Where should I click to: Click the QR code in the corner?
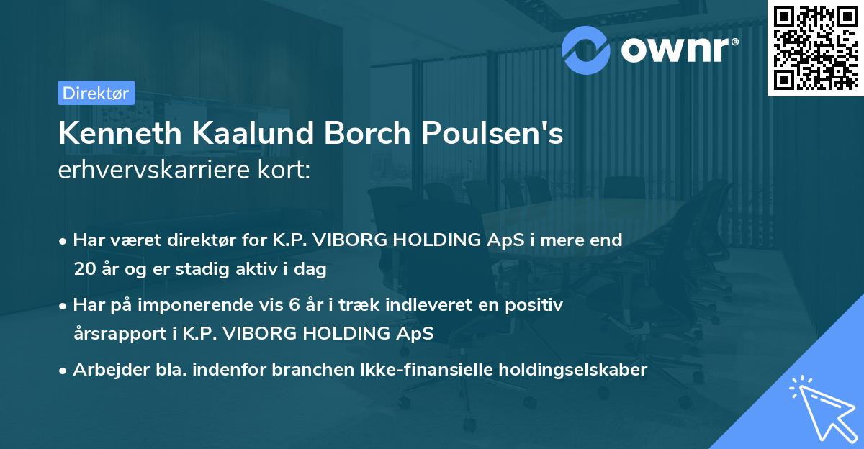[815, 47]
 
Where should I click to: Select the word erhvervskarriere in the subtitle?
[144, 170]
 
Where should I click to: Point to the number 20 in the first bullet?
[84, 270]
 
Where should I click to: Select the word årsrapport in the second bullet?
[117, 334]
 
